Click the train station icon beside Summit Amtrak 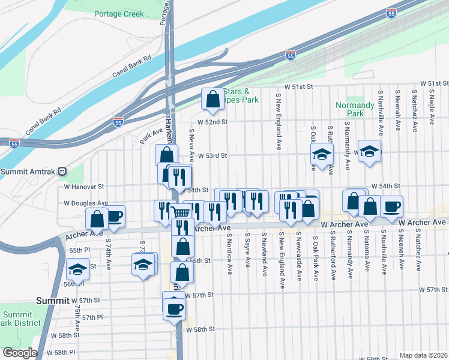[x=61, y=172]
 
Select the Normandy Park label [x=350, y=109]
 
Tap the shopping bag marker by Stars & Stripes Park [x=212, y=100]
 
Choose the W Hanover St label [x=85, y=187]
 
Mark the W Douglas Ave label [x=87, y=203]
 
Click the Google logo [x=20, y=353]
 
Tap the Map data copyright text [x=423, y=355]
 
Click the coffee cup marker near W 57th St [x=175, y=308]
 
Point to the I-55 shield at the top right [x=391, y=12]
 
